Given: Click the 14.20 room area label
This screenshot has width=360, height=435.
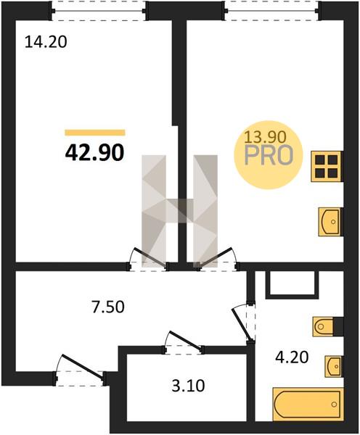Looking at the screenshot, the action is coord(46,43).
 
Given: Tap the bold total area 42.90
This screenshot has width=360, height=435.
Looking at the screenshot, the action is coord(94,153).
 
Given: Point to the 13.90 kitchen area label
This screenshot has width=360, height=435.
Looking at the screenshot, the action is coord(265,137).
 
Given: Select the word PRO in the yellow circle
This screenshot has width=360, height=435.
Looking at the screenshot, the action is coord(269,155).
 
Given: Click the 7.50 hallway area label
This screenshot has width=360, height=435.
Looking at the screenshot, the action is coord(108,307).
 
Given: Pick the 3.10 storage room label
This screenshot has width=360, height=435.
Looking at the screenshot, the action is coord(188,386).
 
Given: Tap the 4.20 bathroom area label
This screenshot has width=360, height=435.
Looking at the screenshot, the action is coord(292,357).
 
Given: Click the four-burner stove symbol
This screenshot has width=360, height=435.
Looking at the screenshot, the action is coord(327,167).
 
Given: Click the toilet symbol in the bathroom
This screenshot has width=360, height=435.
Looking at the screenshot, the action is coord(323,326).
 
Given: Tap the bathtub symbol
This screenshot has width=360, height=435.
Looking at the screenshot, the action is coord(308,405).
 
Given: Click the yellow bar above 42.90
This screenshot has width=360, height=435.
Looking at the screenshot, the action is coord(95,133).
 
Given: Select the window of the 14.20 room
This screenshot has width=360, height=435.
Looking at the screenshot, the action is coord(99,11).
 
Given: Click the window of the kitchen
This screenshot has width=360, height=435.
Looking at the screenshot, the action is coord(272,11).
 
